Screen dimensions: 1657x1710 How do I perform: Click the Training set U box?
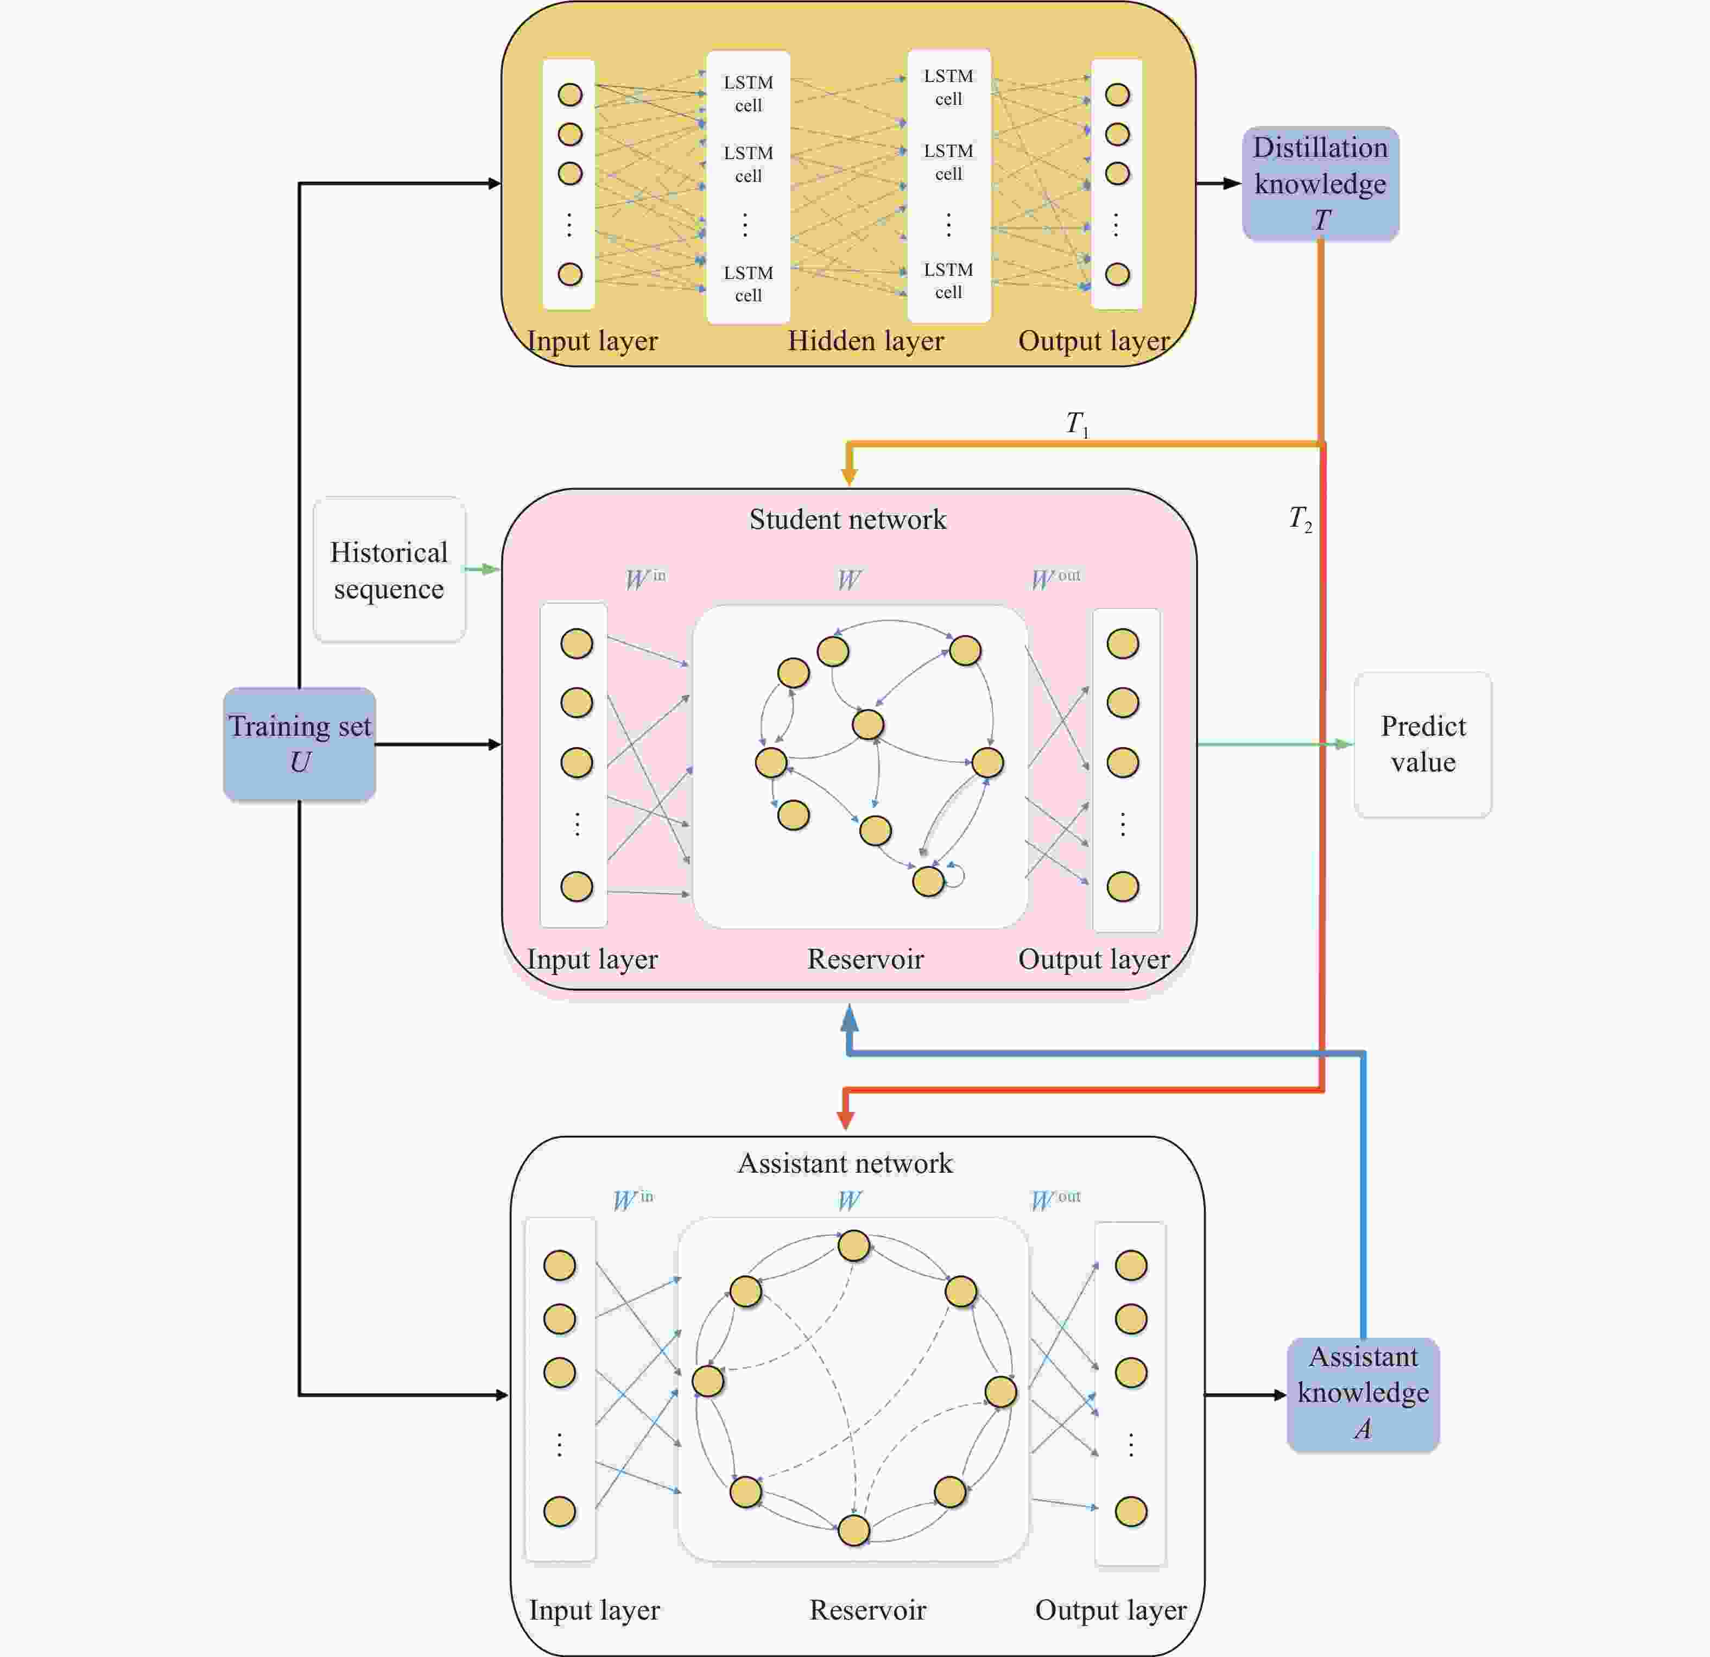click(x=299, y=743)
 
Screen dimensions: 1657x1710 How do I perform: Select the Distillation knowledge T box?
click(x=1320, y=184)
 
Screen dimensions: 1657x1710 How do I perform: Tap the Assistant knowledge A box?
click(x=1363, y=1394)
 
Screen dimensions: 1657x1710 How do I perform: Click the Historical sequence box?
click(x=389, y=570)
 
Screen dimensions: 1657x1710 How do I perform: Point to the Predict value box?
click(x=1422, y=743)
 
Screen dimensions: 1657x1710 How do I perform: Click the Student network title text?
click(x=847, y=519)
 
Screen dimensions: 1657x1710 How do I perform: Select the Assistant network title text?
click(x=845, y=1163)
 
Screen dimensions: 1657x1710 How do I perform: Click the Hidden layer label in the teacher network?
click(x=865, y=340)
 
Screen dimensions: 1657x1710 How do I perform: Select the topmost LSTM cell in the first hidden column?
click(x=748, y=93)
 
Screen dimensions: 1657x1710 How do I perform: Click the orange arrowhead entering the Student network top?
click(x=848, y=476)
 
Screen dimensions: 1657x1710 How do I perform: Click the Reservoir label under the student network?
click(x=865, y=959)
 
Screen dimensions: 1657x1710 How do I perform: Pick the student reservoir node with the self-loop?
click(x=927, y=881)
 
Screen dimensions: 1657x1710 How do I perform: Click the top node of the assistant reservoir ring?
click(x=853, y=1245)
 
